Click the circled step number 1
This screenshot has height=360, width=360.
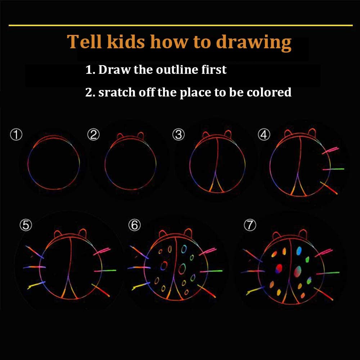coord(16,135)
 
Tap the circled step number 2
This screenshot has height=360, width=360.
coord(94,135)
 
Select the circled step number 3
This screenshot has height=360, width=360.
coord(179,135)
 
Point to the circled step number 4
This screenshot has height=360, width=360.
coord(264,135)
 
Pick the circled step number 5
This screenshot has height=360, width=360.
coord(26,225)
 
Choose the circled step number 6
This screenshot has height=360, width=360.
coord(134,225)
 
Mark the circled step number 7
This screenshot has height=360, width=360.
coord(250,225)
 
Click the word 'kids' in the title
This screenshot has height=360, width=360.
coord(126,41)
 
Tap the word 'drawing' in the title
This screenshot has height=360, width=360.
coord(254,43)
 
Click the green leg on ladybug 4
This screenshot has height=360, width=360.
coord(333,169)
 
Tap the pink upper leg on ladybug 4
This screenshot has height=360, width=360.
coord(330,150)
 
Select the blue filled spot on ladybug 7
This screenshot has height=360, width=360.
coord(299,251)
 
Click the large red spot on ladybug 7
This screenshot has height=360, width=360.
coord(279,269)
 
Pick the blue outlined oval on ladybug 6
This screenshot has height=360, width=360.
coord(184,249)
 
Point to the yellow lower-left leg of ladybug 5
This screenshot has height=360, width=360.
coord(36,285)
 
